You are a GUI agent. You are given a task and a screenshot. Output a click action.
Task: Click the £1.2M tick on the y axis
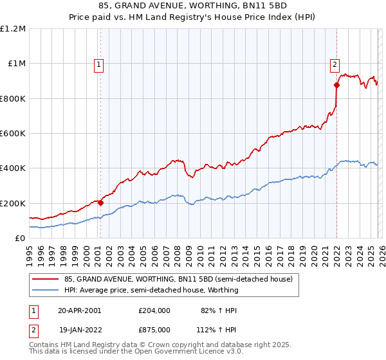(x=13, y=29)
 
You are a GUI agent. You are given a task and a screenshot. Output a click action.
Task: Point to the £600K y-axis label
(x=13, y=134)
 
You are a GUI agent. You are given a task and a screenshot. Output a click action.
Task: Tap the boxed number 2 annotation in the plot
(x=335, y=64)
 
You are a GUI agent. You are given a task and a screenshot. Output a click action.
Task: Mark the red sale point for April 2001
(x=101, y=203)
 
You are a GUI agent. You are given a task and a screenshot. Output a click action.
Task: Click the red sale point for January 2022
(x=336, y=85)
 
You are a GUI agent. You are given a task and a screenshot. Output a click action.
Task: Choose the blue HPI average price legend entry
(x=151, y=290)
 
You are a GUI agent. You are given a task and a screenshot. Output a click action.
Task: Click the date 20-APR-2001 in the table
(x=79, y=310)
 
